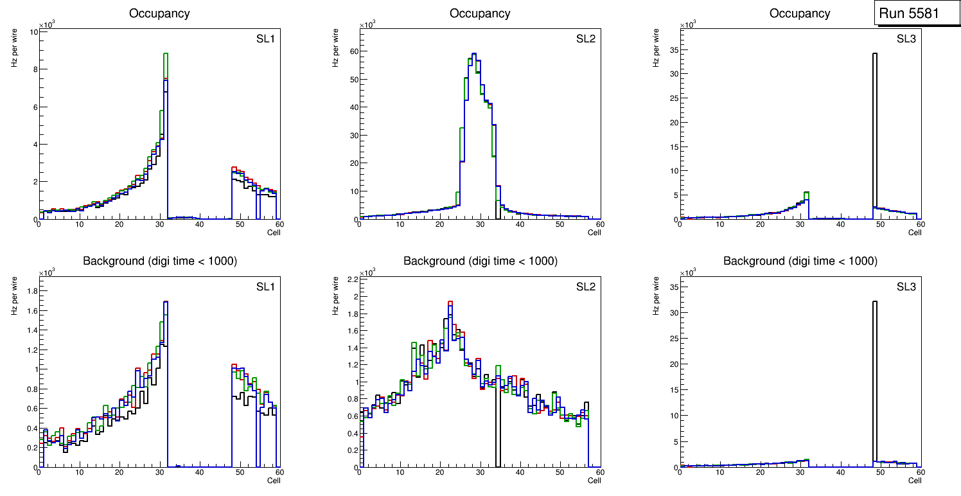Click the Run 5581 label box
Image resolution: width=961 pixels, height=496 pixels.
(917, 13)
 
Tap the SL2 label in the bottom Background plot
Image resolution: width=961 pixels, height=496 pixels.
(586, 287)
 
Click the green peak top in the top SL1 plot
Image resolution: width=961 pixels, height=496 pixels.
(165, 54)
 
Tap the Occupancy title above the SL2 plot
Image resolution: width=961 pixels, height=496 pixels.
(480, 13)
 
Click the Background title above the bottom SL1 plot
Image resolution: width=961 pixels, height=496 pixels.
(159, 261)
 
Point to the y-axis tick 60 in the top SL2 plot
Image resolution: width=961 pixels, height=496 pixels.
(353, 51)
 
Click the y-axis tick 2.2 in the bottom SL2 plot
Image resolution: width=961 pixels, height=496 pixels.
(351, 279)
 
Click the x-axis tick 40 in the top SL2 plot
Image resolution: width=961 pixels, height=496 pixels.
(520, 224)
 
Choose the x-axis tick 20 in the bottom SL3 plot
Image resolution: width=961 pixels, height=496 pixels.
(761, 472)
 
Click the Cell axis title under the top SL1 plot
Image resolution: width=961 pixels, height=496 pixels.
(274, 232)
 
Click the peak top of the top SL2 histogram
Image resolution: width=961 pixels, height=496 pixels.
(474, 54)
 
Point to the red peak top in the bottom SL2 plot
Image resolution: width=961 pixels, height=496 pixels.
(450, 301)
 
